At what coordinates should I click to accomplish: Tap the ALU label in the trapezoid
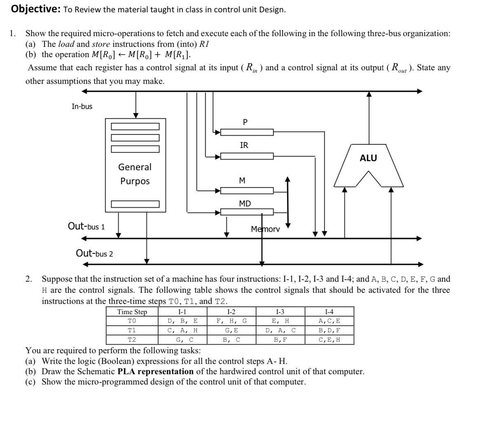pos(368,158)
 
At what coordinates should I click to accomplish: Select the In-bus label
pos(82,107)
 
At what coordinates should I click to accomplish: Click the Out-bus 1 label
pos(86,226)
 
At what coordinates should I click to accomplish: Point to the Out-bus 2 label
pos(94,253)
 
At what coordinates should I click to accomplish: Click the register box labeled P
pos(247,132)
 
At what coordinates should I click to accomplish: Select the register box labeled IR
pos(247,156)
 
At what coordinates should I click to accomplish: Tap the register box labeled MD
pos(247,212)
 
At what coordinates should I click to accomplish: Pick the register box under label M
pos(247,190)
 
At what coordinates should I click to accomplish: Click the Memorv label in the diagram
pos(265,229)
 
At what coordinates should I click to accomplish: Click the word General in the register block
pos(135,167)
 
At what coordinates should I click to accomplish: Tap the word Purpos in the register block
pos(135,181)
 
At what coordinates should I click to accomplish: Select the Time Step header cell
pos(132,312)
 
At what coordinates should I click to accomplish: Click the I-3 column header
pos(280,312)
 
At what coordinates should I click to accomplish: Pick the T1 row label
pos(132,330)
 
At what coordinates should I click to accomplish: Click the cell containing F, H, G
pos(232,321)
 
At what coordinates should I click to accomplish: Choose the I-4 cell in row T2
pos(329,340)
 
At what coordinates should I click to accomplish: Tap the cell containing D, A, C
pos(280,330)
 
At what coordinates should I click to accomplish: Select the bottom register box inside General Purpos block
pos(135,204)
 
